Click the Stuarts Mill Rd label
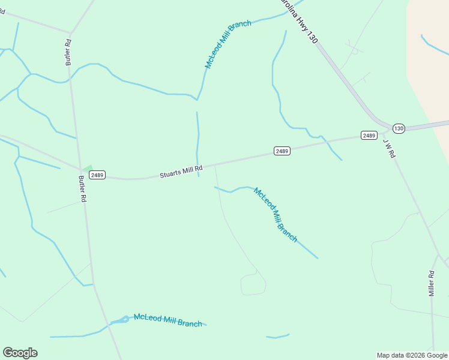pos(181,172)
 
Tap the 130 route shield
pos(399,128)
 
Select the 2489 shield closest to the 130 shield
pos(369,135)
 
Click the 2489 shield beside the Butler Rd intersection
pos(97,175)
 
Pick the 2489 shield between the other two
pos(282,151)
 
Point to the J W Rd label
pos(389,148)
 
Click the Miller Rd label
pos(431,283)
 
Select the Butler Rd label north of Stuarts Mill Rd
pos(68,52)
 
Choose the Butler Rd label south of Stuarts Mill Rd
pos(83,189)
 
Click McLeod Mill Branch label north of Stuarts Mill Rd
pos(228,44)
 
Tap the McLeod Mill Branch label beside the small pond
pos(167,320)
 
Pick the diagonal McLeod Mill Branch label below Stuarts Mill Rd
pos(276,214)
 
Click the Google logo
pos(20,353)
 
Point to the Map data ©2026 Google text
pos(412,355)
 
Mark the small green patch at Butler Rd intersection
pos(87,169)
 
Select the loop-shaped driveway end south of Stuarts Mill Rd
pos(253,284)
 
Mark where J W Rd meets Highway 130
pos(383,130)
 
